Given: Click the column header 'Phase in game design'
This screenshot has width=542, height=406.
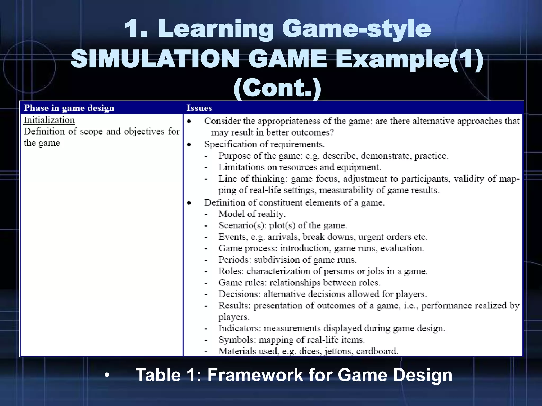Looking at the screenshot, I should (69, 108).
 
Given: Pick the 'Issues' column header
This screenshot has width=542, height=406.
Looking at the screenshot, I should (199, 108).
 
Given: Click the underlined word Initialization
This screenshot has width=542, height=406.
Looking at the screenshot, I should (49, 120).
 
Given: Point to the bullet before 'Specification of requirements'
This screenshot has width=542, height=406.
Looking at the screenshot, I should (189, 145).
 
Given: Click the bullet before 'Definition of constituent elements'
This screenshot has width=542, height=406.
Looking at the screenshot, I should (189, 203).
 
